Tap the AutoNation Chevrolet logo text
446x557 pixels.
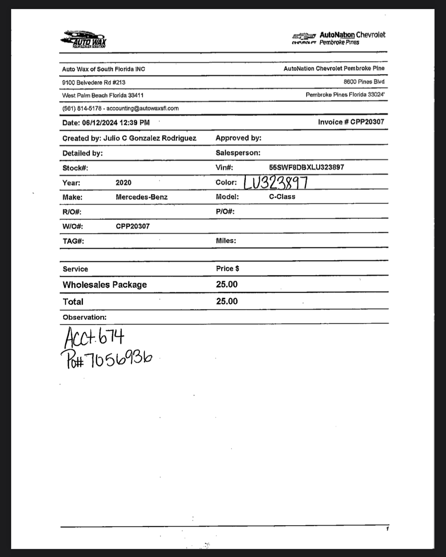(x=352, y=35)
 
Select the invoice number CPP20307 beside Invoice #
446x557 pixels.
(x=367, y=122)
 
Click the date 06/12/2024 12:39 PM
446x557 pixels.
(x=116, y=122)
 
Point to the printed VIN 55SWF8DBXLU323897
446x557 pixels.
(x=306, y=167)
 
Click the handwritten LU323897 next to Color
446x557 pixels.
(x=276, y=182)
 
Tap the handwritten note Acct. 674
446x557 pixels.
(x=94, y=337)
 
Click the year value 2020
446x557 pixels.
(x=123, y=183)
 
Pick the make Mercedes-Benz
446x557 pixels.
(x=141, y=197)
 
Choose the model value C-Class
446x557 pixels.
(x=282, y=197)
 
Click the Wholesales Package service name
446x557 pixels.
(x=105, y=285)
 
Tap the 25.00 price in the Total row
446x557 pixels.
(x=227, y=301)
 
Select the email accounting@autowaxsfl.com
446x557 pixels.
(x=142, y=108)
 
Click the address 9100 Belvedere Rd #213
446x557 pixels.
(x=94, y=83)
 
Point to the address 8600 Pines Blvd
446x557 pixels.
(x=364, y=82)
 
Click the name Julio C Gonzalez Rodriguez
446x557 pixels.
(x=150, y=138)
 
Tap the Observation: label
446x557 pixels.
(x=84, y=317)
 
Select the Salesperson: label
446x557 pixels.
(x=238, y=153)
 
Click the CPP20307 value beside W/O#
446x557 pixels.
(x=133, y=226)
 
